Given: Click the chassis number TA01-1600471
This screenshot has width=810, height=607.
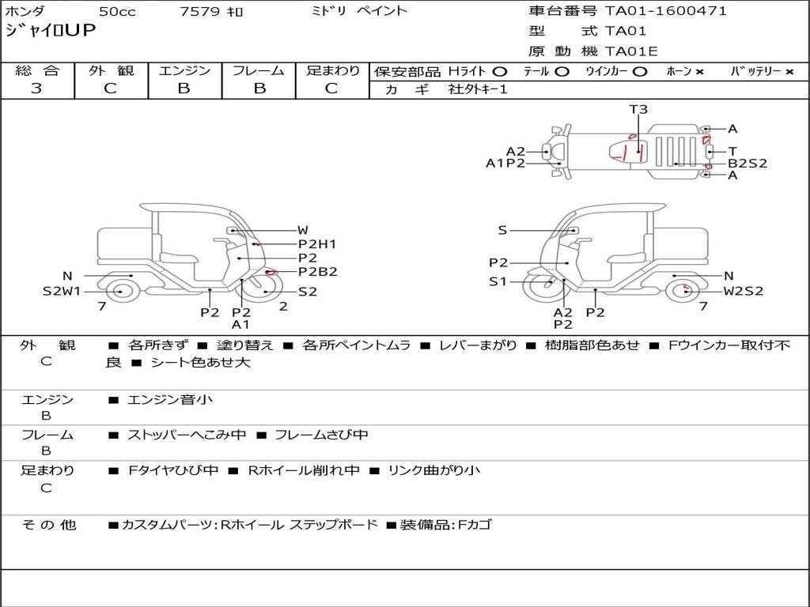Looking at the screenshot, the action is tap(666, 11).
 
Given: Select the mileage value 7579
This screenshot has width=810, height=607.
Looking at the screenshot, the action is tap(199, 11).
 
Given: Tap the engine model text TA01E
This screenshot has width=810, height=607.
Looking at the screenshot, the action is tap(631, 51).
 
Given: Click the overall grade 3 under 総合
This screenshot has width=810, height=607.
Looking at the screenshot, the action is tap(36, 89).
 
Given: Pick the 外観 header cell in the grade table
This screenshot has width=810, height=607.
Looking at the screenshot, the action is tap(111, 70).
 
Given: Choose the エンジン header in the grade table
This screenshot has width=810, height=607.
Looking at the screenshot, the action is tap(184, 70).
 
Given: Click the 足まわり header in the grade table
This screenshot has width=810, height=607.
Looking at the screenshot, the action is tap(332, 70).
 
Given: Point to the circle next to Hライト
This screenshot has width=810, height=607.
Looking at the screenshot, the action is tap(500, 72).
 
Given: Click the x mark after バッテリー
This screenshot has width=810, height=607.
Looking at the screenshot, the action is tap(789, 72).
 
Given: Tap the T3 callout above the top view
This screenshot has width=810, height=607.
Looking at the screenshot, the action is tap(638, 109).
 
